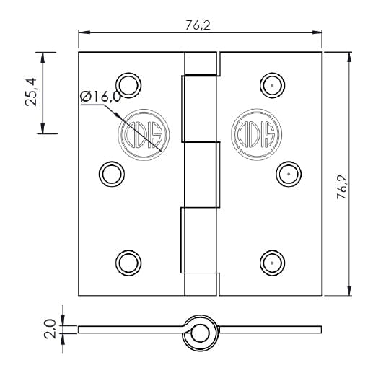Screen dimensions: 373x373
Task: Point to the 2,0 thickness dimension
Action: click(x=50, y=330)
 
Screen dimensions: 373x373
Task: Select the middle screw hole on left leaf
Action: click(x=110, y=173)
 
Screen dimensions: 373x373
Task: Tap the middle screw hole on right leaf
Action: click(x=289, y=173)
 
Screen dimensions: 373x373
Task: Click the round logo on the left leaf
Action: click(x=144, y=132)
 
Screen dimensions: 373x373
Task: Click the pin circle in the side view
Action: click(x=200, y=330)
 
